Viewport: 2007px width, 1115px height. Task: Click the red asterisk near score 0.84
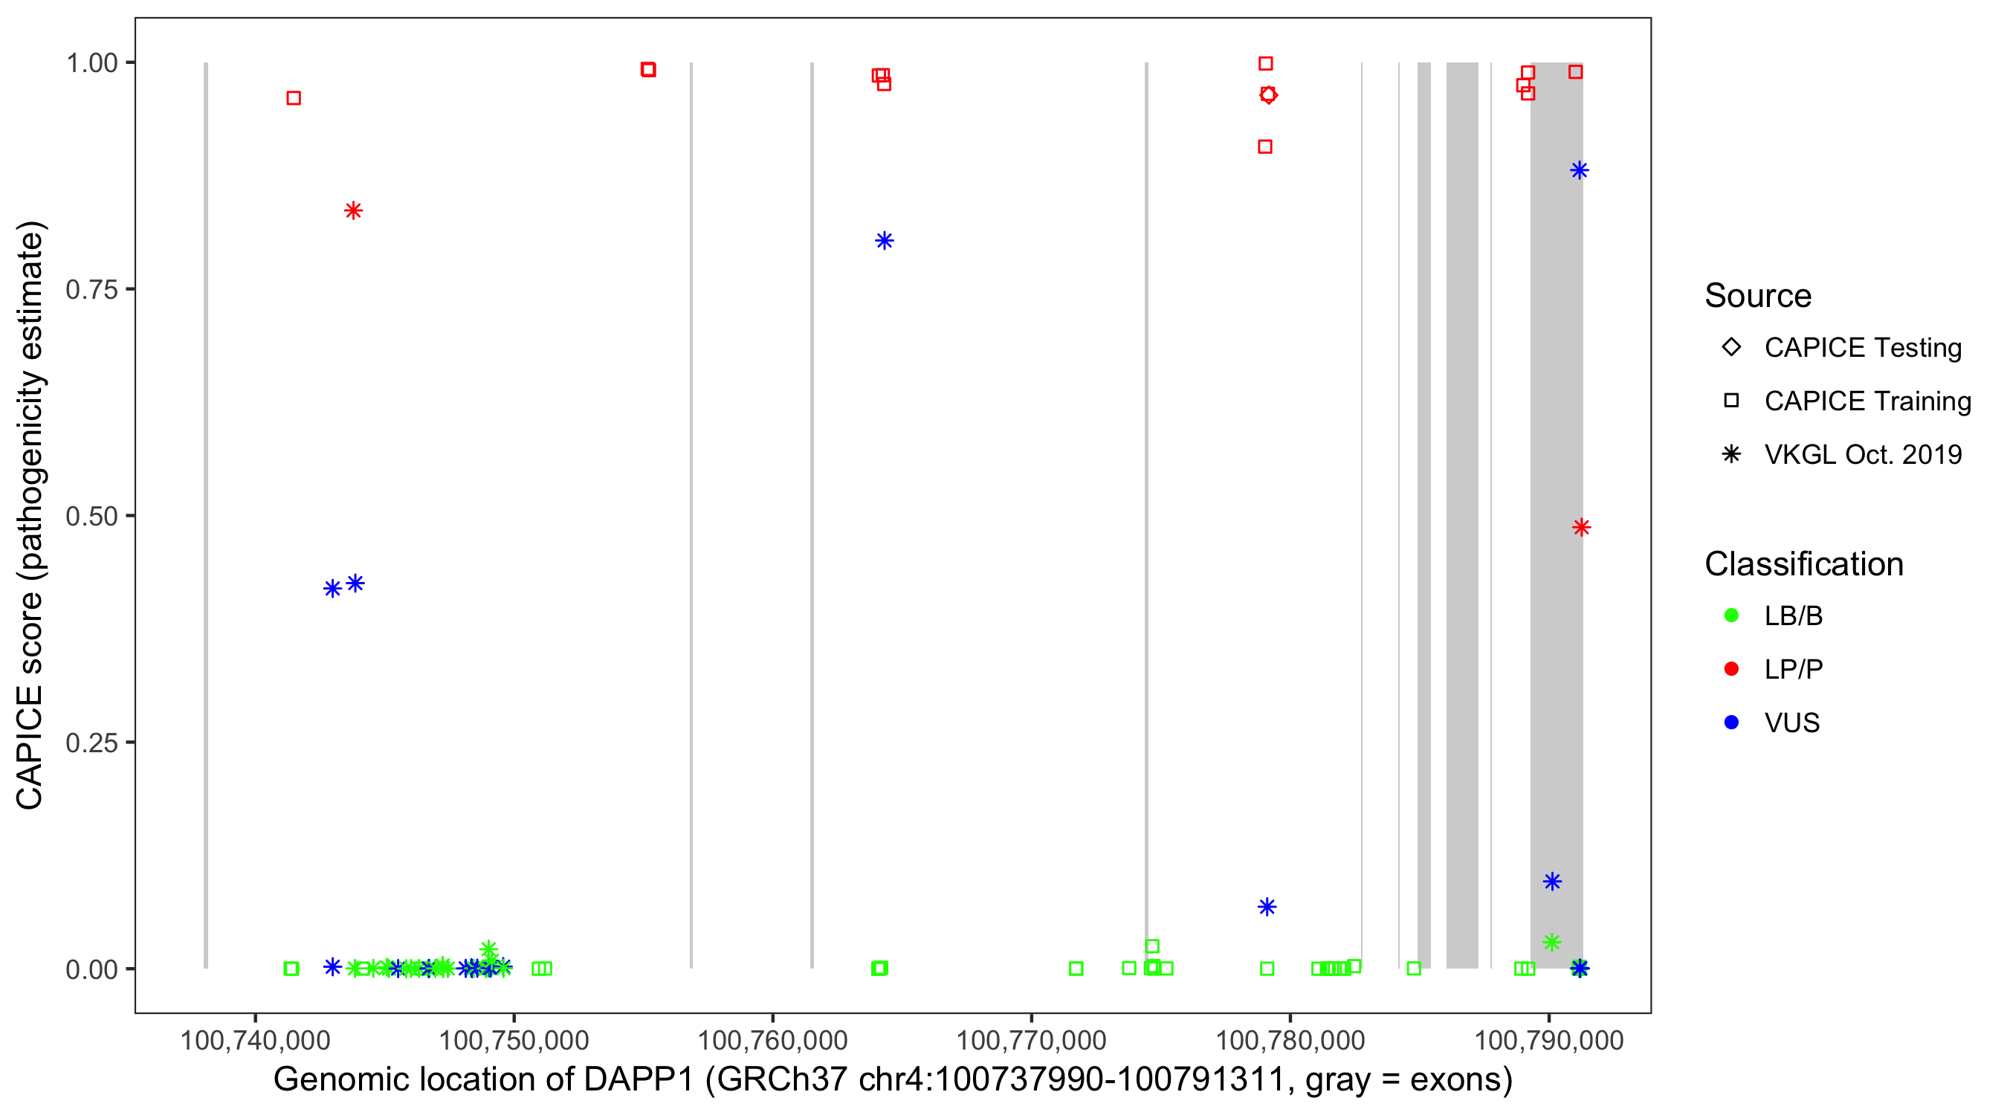coord(353,210)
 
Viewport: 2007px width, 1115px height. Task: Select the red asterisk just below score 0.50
coord(1581,528)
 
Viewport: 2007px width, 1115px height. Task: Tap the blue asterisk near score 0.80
coord(884,241)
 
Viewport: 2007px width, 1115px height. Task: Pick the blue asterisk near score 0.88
coord(1580,171)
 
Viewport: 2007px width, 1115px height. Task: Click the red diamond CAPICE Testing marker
coord(1268,95)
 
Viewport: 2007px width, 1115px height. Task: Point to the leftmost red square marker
coord(294,98)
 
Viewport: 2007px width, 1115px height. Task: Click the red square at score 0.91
coord(1265,146)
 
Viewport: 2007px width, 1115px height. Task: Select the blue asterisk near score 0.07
coord(1267,907)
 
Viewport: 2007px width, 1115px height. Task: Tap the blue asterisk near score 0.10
coord(1552,882)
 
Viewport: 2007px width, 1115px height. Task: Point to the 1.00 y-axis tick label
coord(91,63)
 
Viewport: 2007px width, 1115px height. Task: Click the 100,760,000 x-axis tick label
coord(772,1040)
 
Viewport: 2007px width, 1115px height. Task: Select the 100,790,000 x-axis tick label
coord(1549,1040)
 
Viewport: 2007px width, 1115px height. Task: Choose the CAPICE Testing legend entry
coord(1862,348)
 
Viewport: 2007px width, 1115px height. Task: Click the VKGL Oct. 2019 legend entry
coord(1862,454)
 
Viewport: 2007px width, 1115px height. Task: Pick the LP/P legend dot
coord(1732,669)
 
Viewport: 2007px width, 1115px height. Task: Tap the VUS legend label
coord(1792,723)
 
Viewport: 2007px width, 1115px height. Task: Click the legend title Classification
coord(1803,564)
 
